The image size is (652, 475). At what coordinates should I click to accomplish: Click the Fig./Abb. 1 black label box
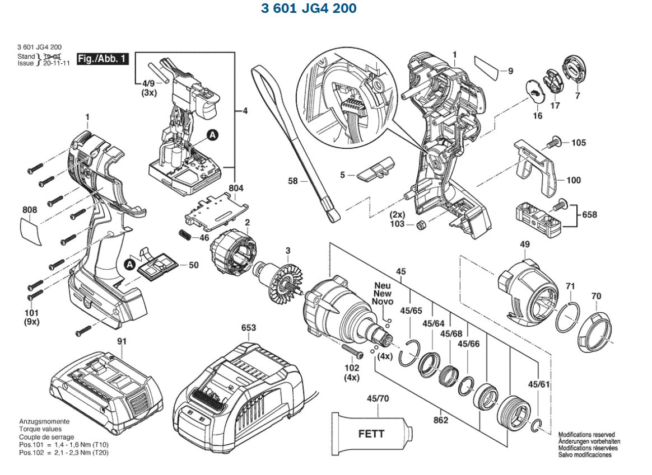[x=103, y=59]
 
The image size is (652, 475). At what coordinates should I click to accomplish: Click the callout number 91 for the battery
[x=122, y=341]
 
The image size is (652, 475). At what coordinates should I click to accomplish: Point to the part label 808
[x=30, y=210]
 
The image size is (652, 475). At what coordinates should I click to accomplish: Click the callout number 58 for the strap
[x=293, y=181]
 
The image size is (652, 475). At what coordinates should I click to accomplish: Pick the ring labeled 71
[x=567, y=317]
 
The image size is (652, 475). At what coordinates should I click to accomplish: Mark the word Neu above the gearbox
[x=382, y=285]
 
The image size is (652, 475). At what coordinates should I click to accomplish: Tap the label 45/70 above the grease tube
[x=377, y=398]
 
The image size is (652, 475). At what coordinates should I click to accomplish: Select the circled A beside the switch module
[x=212, y=134]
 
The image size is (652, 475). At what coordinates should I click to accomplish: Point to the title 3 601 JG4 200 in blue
[x=309, y=9]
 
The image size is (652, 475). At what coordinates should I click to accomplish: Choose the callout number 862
[x=441, y=420]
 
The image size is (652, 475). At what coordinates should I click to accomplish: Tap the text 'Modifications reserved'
[x=586, y=435]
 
